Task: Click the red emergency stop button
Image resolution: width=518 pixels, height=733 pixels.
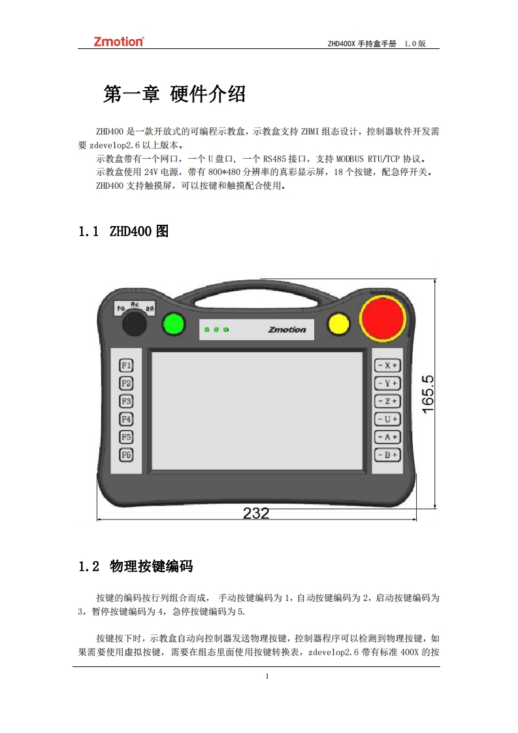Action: pyautogui.click(x=382, y=318)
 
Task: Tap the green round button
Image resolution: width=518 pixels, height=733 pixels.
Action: pyautogui.click(x=174, y=324)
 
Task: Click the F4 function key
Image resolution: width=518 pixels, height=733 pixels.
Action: pyautogui.click(x=126, y=419)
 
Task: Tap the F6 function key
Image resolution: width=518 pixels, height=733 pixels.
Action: pyautogui.click(x=126, y=455)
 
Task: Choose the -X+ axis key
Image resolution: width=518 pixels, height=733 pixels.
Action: pyautogui.click(x=387, y=366)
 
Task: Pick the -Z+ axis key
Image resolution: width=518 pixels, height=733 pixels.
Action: pyautogui.click(x=387, y=401)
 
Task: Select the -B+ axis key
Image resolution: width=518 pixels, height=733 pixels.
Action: pyautogui.click(x=387, y=455)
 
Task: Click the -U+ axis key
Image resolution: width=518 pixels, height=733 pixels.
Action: pyautogui.click(x=387, y=419)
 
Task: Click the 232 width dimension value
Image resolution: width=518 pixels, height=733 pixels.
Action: pyautogui.click(x=256, y=513)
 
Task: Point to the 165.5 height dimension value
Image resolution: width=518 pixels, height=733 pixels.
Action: pyautogui.click(x=428, y=394)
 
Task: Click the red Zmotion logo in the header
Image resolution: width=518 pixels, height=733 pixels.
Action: pyautogui.click(x=119, y=42)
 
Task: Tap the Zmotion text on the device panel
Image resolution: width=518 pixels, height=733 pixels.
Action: pyautogui.click(x=287, y=329)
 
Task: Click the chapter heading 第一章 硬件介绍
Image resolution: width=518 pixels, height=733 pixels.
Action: pyautogui.click(x=174, y=94)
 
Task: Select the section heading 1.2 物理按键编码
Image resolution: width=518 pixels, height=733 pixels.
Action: pyautogui.click(x=136, y=566)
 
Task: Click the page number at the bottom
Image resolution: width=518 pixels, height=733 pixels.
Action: pyautogui.click(x=267, y=676)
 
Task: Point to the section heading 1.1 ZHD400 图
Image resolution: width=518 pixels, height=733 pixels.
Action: pyautogui.click(x=123, y=231)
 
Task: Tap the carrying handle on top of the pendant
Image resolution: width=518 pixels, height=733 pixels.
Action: pyautogui.click(x=256, y=290)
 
